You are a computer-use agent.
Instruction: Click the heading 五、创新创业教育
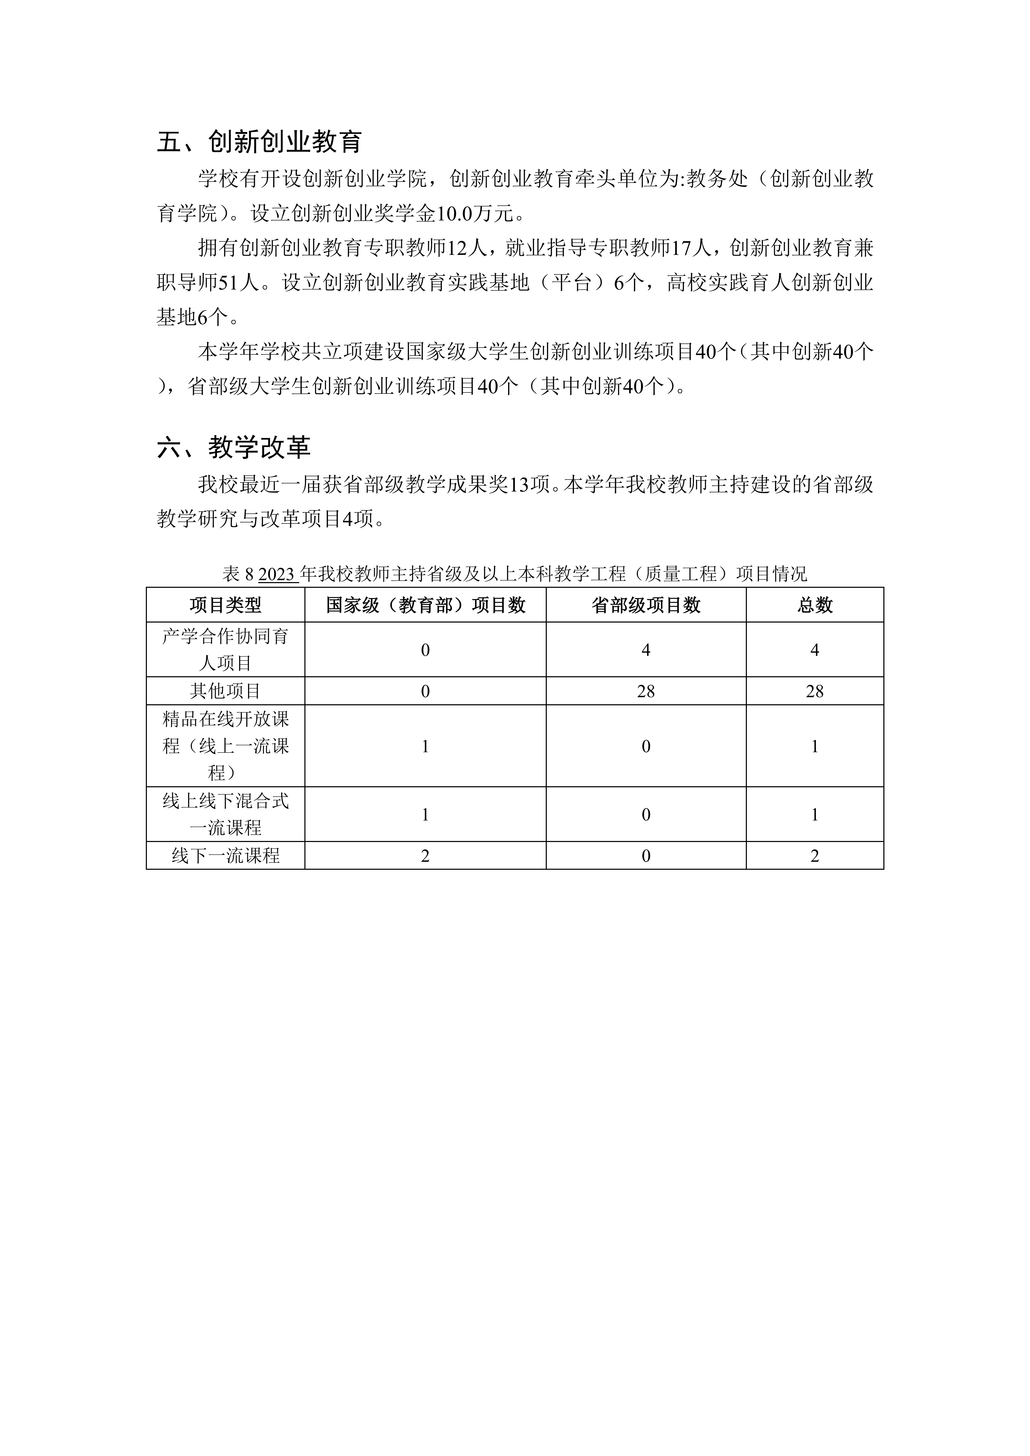(259, 142)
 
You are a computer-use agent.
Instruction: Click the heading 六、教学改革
(233, 448)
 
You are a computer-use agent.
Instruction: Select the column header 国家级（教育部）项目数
(426, 605)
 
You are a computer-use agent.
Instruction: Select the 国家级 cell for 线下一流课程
(426, 855)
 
